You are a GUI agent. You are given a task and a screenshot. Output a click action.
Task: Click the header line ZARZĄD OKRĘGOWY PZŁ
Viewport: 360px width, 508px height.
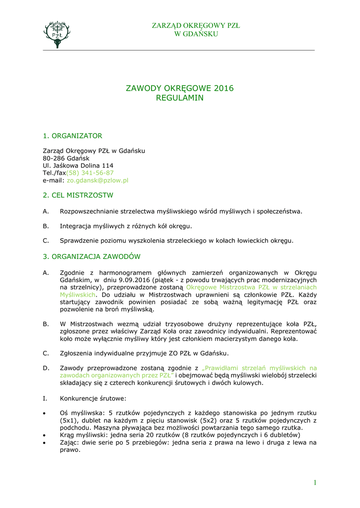(196, 26)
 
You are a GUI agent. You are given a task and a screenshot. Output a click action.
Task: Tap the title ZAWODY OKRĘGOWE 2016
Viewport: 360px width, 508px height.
(180, 88)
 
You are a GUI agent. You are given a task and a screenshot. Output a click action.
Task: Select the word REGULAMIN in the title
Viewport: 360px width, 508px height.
(180, 98)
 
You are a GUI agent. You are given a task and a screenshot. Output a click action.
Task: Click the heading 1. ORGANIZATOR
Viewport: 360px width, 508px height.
(72, 135)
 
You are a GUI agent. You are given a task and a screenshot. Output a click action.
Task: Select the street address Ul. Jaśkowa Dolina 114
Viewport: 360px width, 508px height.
(78, 165)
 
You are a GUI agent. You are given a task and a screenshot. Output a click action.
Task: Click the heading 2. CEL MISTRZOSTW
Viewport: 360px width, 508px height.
(78, 195)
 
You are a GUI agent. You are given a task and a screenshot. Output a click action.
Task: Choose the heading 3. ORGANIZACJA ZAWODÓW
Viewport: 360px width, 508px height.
(91, 256)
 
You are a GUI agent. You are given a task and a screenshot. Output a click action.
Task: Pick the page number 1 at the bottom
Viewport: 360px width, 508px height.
(315, 483)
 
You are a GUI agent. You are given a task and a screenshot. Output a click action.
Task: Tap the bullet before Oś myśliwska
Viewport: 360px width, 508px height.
(45, 413)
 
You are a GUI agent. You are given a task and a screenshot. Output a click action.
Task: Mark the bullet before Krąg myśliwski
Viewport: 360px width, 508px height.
(45, 435)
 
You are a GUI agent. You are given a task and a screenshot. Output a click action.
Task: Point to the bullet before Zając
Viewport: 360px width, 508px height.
(45, 443)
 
